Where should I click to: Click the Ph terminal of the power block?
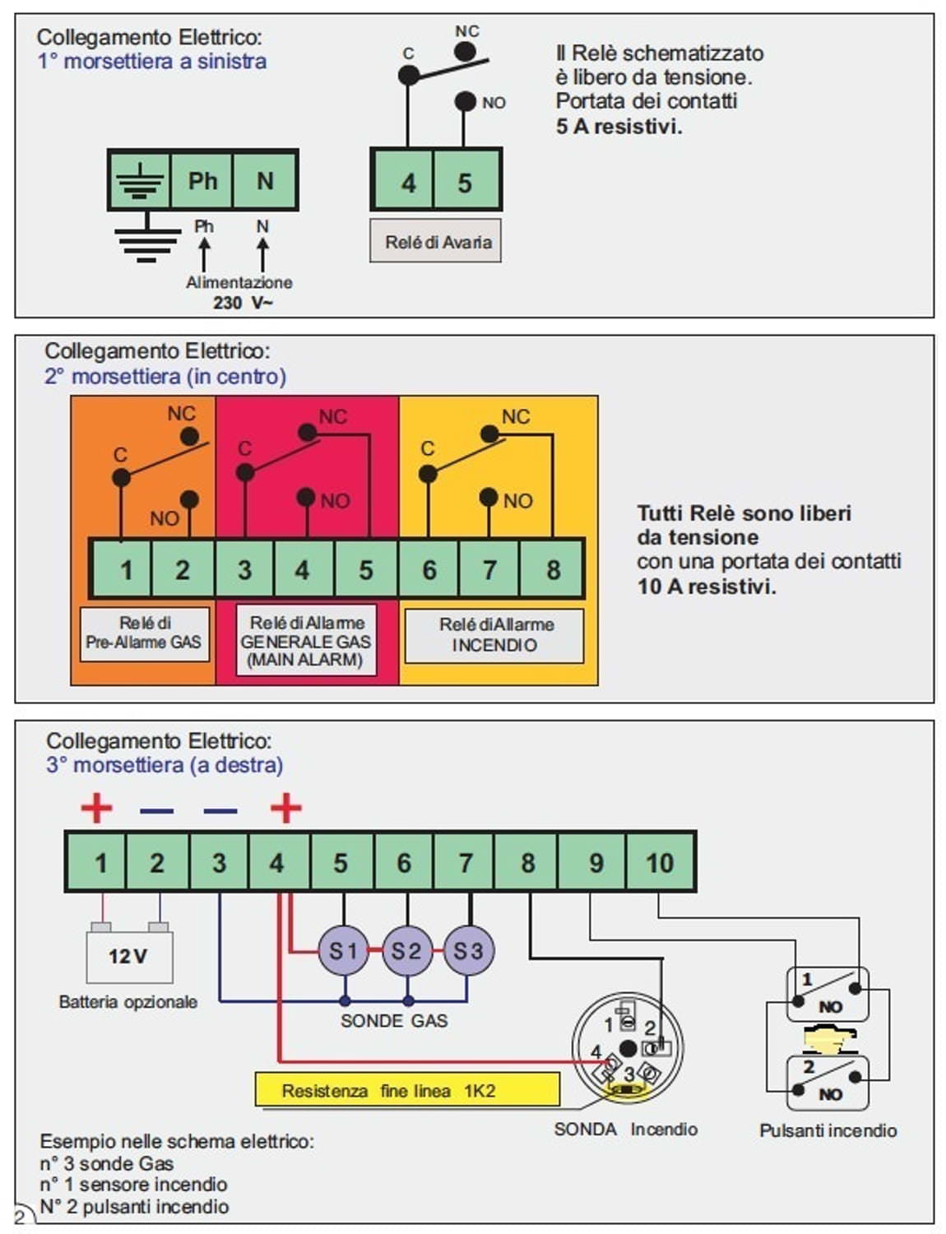pyautogui.click(x=202, y=180)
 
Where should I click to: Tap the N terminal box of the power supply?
pyautogui.click(x=265, y=180)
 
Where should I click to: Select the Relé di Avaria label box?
pyautogui.click(x=435, y=241)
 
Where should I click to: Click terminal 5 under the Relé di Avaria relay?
pyautogui.click(x=466, y=182)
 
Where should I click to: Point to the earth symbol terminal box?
pyautogui.click(x=140, y=180)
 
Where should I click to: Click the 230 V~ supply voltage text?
pyautogui.click(x=243, y=303)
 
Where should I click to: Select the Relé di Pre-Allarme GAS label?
pyautogui.click(x=145, y=633)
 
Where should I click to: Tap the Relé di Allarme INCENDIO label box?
pyautogui.click(x=494, y=635)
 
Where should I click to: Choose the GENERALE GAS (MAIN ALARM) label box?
pyautogui.click(x=306, y=641)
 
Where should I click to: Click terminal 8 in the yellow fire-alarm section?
pyautogui.click(x=553, y=569)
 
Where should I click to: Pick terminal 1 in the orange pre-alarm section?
pyautogui.click(x=126, y=569)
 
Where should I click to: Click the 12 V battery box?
pyautogui.click(x=129, y=956)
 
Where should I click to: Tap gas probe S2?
pyautogui.click(x=406, y=951)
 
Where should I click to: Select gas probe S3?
pyautogui.click(x=468, y=951)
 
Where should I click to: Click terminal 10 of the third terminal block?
pyautogui.click(x=660, y=862)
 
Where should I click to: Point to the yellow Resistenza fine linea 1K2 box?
pyautogui.click(x=407, y=1090)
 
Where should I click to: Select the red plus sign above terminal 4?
pyautogui.click(x=286, y=808)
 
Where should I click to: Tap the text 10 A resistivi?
pyautogui.click(x=707, y=587)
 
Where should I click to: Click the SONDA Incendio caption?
pyautogui.click(x=626, y=1130)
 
